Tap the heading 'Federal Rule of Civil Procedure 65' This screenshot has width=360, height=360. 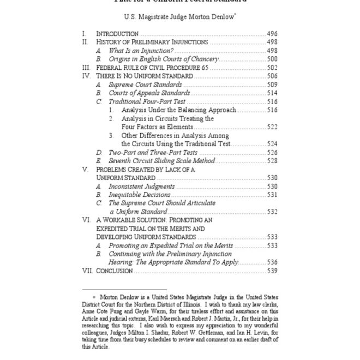[153, 68]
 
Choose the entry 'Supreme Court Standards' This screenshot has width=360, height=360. [145, 85]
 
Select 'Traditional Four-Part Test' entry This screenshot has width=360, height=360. [147, 101]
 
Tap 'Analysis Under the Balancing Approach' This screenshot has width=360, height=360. [179, 110]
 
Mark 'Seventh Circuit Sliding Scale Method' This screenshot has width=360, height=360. [161, 161]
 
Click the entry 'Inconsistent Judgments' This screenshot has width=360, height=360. [141, 186]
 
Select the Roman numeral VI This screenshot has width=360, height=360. [86, 220]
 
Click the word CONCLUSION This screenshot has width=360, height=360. [115, 271]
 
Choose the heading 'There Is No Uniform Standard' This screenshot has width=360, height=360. [145, 76]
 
